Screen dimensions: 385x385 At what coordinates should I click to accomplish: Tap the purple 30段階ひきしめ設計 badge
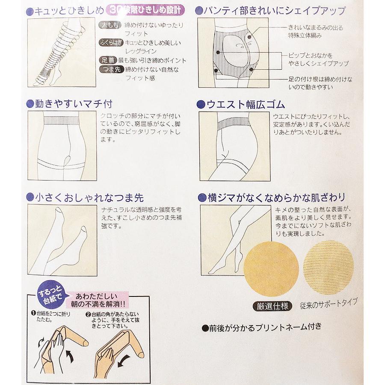141,9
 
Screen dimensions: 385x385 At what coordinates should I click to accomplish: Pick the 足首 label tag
110,61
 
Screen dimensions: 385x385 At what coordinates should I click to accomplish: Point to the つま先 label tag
110,70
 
